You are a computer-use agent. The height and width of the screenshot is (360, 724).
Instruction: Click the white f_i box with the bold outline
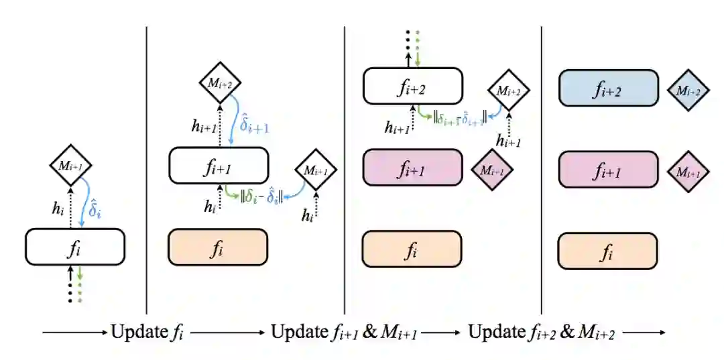click(75, 247)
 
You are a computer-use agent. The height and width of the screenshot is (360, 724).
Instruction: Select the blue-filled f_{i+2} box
click(608, 88)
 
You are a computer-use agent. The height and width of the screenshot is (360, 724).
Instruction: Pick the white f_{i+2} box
click(413, 86)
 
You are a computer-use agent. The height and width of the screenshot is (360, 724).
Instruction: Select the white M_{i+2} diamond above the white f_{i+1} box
click(220, 82)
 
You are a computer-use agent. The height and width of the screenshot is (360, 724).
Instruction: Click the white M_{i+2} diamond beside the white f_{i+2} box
click(508, 90)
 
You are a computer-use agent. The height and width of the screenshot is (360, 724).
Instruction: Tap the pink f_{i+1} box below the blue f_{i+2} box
click(608, 170)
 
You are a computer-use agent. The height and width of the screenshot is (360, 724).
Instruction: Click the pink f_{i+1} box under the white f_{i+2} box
click(412, 168)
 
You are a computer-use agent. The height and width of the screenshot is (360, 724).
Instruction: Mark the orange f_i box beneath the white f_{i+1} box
click(218, 248)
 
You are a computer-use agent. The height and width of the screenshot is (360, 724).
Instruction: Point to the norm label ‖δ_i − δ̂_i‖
click(262, 198)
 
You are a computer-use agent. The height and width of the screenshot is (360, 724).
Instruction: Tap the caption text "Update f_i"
click(146, 332)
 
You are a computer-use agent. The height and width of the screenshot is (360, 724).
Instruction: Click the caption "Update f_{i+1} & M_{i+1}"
click(344, 332)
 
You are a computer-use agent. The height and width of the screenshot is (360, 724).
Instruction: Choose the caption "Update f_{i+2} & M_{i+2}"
click(541, 332)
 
